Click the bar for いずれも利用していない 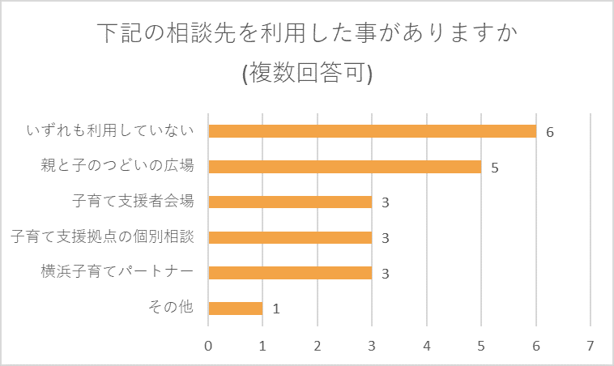(373, 131)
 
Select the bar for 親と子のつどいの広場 (345, 167)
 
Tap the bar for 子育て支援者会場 (290, 202)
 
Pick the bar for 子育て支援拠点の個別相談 (290, 237)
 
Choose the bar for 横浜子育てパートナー (290, 273)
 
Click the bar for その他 (236, 309)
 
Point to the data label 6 (550, 132)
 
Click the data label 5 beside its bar (494, 168)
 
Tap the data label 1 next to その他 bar (275, 309)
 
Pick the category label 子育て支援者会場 (134, 202)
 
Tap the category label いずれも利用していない (111, 130)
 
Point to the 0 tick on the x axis (209, 345)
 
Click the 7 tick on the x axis (591, 345)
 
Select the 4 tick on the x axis (427, 345)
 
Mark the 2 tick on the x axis (318, 345)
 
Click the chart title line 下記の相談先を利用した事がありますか (307, 34)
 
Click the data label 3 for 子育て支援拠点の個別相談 (386, 238)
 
